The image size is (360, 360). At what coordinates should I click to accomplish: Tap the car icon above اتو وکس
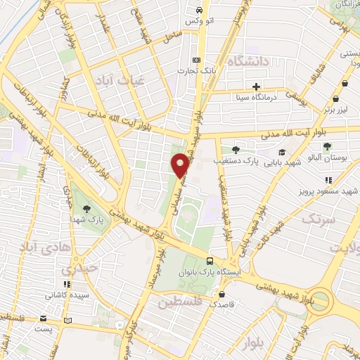199,11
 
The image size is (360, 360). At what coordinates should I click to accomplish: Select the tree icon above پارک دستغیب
235,149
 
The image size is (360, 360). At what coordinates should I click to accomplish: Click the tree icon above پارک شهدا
86,208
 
